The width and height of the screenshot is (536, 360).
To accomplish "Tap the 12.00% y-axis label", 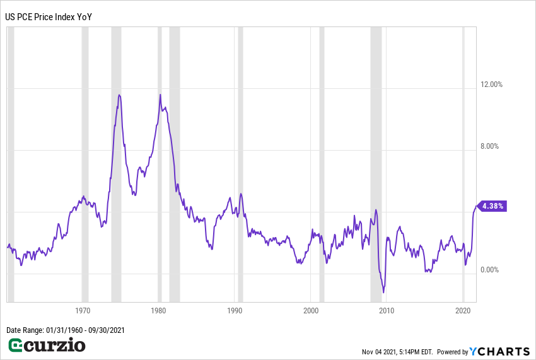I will [x=491, y=84].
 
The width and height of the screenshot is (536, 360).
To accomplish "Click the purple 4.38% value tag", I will [x=492, y=206].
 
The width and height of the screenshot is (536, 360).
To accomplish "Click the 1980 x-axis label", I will [x=159, y=311].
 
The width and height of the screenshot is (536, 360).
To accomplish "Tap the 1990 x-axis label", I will [x=235, y=311].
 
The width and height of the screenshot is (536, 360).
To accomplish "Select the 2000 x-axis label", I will [x=311, y=311].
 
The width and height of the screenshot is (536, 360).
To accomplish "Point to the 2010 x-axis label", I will [x=387, y=311].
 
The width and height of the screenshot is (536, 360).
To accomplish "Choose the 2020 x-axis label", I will [x=463, y=311].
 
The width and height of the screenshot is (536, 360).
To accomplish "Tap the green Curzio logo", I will [x=47, y=345].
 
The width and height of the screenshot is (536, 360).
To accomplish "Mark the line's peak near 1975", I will [x=119, y=95].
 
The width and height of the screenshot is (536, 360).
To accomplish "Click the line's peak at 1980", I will [x=160, y=95].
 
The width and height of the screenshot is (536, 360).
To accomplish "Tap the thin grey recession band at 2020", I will [x=463, y=164].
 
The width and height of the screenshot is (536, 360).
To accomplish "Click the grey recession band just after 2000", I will [x=322, y=164].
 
